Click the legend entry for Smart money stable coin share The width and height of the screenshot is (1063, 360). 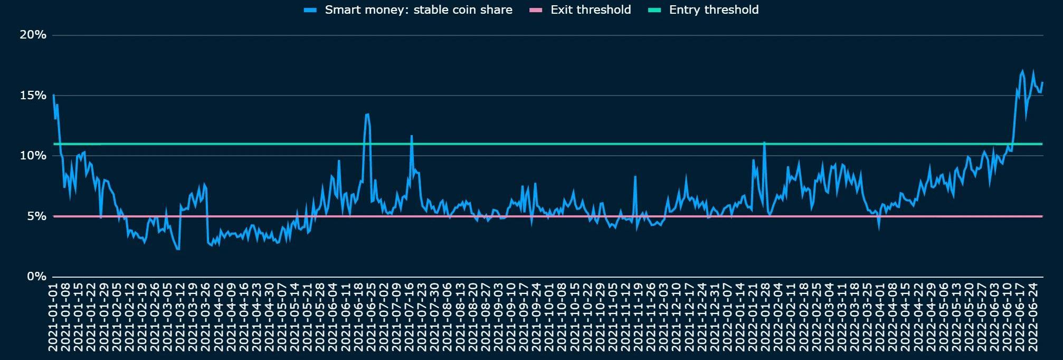point(418,10)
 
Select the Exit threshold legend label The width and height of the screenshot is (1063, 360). point(590,10)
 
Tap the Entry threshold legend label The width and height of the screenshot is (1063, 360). point(714,10)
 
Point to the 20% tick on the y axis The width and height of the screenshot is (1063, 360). point(33,35)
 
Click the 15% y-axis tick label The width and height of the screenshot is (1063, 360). point(33,96)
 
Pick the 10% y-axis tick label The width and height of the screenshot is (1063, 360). point(33,156)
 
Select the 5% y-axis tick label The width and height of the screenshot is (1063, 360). point(36,216)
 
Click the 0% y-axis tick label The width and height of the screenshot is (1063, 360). point(36,277)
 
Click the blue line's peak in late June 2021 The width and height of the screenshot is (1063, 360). point(367,114)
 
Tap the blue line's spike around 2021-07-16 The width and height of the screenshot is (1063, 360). point(412,136)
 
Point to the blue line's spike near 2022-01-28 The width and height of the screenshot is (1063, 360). point(764,143)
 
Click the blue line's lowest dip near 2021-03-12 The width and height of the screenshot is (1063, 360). point(178,249)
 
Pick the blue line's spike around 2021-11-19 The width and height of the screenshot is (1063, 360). point(635,177)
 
